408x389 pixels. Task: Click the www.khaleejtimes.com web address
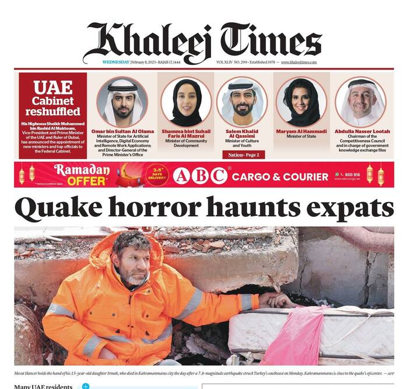tap(298, 62)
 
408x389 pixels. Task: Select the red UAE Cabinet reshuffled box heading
tap(52, 98)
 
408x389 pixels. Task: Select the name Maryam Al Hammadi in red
tap(302, 131)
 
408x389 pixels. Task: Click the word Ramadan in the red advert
tap(82, 170)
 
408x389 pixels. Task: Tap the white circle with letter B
tap(200, 175)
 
